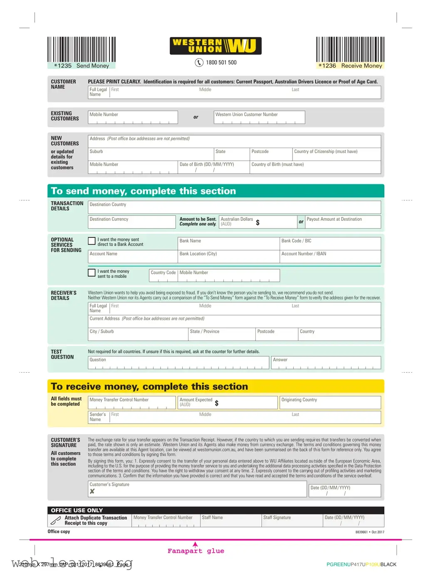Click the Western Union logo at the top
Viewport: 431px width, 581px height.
click(x=215, y=46)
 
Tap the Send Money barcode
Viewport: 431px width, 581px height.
click(x=81, y=50)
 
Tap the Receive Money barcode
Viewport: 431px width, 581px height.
click(x=350, y=50)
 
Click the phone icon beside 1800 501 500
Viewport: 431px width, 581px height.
click(x=199, y=62)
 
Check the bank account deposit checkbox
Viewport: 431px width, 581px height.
click(x=92, y=241)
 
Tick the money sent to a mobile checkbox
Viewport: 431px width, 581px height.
click(x=92, y=273)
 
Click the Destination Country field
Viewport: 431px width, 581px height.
click(x=234, y=208)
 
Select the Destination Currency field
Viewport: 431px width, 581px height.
click(x=132, y=222)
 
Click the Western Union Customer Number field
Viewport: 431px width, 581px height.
click(x=259, y=117)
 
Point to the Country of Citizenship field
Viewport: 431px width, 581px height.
click(x=337, y=154)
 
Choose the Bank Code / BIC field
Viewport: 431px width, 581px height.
click(x=330, y=244)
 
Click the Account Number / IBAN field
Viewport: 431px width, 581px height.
click(x=330, y=257)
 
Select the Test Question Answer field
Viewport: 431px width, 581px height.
click(x=326, y=363)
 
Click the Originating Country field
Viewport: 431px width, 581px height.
click(x=330, y=403)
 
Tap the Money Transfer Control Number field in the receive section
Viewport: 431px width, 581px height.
click(x=132, y=403)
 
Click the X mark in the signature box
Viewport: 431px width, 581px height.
click(x=92, y=491)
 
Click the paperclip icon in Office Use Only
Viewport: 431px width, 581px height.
click(x=56, y=520)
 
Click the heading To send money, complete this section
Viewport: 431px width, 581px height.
click(x=144, y=191)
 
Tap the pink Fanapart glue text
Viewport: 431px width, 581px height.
click(x=196, y=551)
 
